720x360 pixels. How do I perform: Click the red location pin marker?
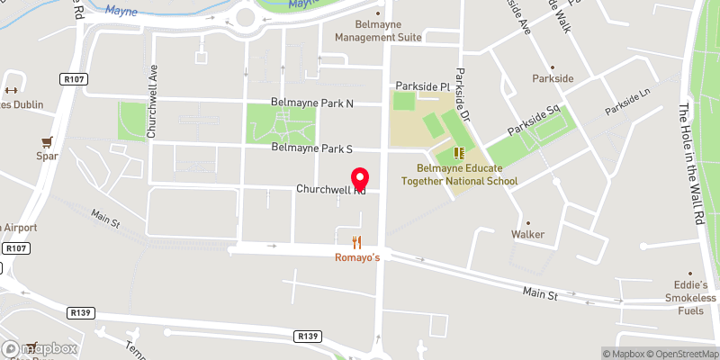(361, 178)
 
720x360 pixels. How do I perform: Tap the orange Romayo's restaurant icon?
(357, 241)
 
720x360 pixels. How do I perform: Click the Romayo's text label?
(357, 258)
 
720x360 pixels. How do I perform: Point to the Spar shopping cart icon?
(46, 141)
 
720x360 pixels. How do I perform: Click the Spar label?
(46, 157)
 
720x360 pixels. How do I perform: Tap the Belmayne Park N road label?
(312, 103)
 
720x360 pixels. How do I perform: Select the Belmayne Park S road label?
(311, 147)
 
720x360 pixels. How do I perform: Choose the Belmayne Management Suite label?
(378, 38)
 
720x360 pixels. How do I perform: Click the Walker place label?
(528, 234)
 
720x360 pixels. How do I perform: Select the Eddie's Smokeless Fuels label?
(690, 292)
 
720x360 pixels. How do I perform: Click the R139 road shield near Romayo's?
(308, 336)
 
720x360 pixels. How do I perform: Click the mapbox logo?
(40, 348)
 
